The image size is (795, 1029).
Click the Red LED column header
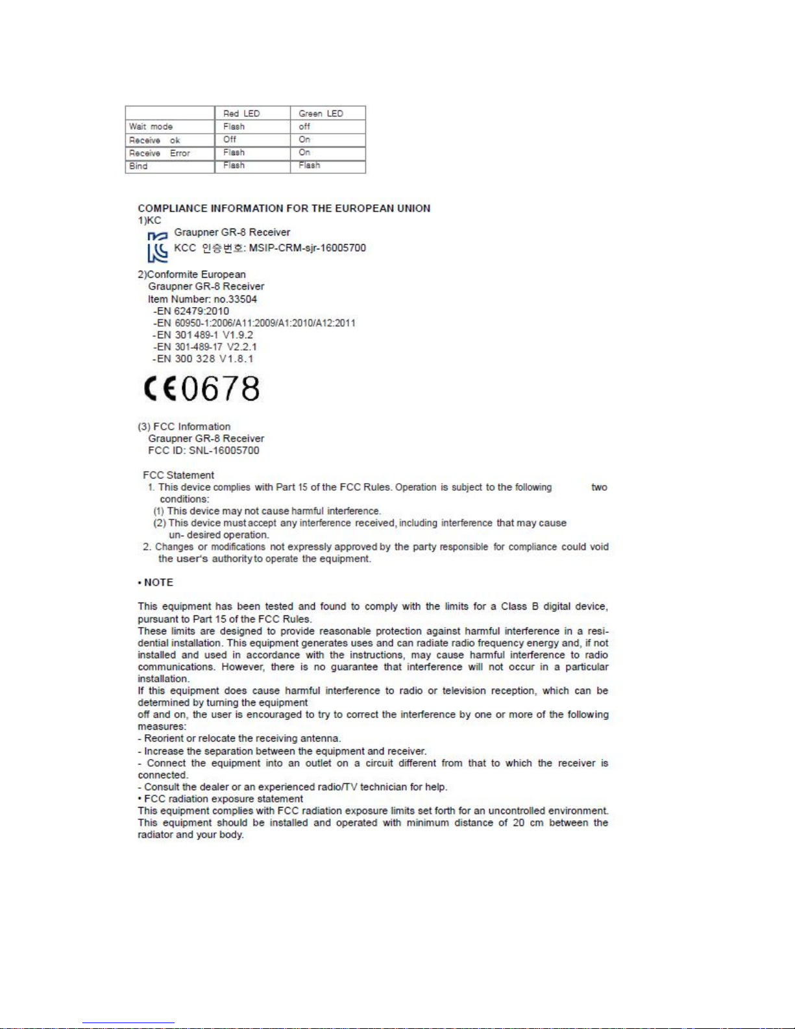[241, 114]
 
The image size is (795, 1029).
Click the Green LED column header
[321, 114]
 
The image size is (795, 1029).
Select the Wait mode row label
[151, 127]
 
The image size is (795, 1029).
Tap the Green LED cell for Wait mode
[304, 127]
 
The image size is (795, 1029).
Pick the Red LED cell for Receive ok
[230, 140]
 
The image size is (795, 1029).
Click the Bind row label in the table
[138, 166]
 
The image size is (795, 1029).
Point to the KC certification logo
[157, 247]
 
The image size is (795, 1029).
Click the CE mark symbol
[160, 388]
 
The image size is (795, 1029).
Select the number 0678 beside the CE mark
[221, 388]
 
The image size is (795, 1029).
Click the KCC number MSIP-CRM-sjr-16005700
[307, 248]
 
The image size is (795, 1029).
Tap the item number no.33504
[235, 299]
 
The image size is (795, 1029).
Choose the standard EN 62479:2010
[191, 311]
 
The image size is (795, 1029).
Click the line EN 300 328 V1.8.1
[204, 358]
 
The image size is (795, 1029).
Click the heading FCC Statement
[178, 475]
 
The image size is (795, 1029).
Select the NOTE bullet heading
[156, 582]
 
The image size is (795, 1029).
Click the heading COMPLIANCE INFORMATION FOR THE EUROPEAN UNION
[284, 208]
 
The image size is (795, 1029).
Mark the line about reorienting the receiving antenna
[239, 739]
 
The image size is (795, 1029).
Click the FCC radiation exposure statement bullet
[221, 799]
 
